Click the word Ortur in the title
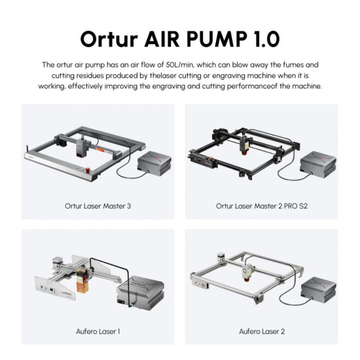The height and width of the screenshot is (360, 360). tap(109, 37)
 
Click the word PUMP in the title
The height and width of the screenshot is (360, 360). tap(214, 37)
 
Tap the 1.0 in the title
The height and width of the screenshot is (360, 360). tap(263, 37)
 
